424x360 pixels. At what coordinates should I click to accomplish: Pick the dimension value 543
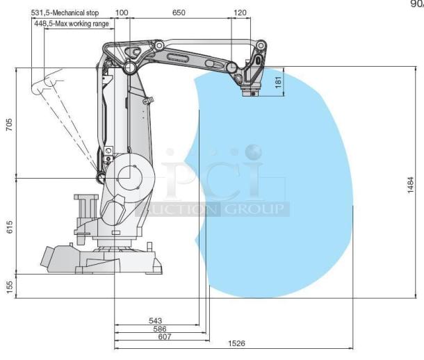(156, 320)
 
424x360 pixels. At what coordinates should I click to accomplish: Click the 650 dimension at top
(179, 13)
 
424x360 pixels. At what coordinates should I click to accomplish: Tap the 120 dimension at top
(240, 13)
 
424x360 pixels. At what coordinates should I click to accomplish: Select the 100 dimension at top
(122, 13)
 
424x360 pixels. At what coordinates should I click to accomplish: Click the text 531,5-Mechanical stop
(70, 13)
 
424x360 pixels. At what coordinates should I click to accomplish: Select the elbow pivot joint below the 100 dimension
(129, 68)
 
